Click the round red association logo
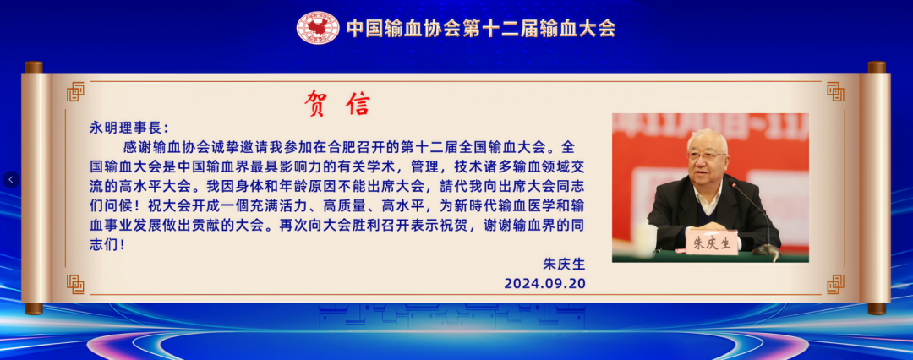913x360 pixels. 317,28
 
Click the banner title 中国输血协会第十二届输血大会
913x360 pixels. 481,28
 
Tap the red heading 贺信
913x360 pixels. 337,104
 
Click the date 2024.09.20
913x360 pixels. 544,283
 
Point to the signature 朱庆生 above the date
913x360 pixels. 564,264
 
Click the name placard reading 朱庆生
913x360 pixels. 712,243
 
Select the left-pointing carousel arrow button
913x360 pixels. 11,179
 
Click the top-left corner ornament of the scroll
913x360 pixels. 75,91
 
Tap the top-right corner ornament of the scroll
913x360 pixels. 835,91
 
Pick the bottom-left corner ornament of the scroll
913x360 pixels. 75,284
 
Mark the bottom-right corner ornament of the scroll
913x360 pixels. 835,284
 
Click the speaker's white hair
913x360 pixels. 706,139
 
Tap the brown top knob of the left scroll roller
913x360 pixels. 33,67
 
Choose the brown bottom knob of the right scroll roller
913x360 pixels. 877,308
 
